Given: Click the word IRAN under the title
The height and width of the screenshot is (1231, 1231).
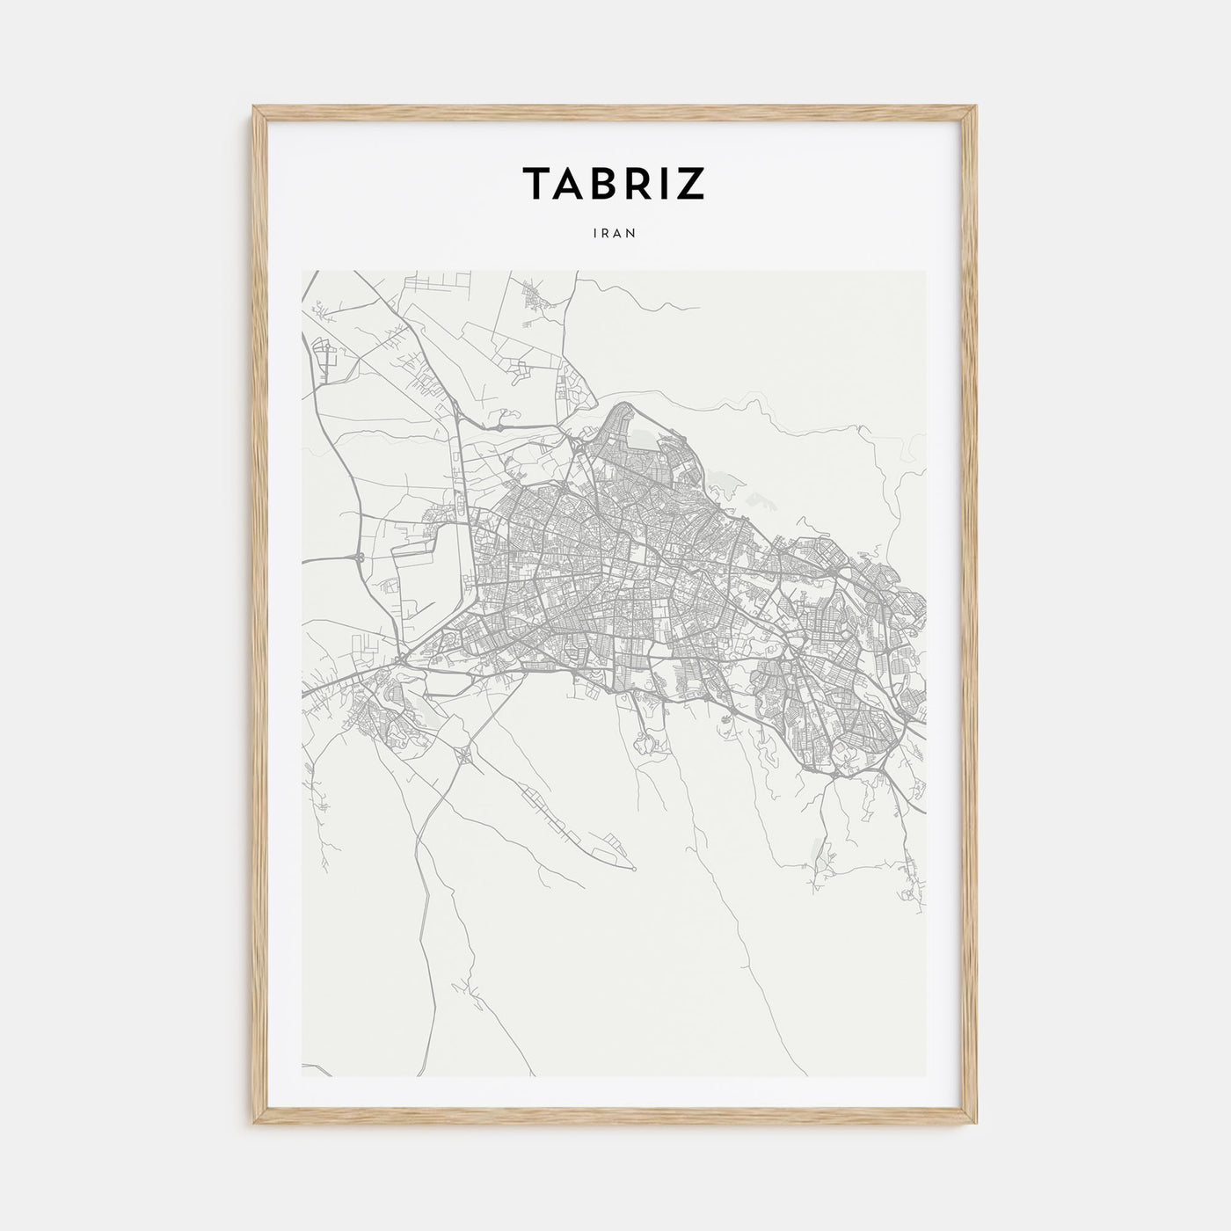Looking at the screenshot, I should pyautogui.click(x=615, y=233).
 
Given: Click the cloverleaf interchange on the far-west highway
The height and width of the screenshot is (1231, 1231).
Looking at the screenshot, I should pyautogui.click(x=360, y=557).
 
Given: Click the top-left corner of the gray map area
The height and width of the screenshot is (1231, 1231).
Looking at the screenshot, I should pyautogui.click(x=302, y=271).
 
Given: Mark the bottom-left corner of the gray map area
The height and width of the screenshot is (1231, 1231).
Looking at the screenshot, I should pyautogui.click(x=302, y=1076).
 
